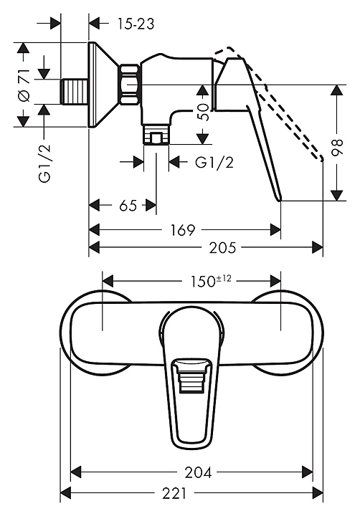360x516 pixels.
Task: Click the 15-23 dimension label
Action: click(x=136, y=24)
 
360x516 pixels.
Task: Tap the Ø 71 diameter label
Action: click(x=24, y=85)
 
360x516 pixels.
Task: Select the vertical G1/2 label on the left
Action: click(x=45, y=163)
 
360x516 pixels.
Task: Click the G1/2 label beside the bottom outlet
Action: click(x=214, y=162)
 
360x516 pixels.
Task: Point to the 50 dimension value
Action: click(x=203, y=112)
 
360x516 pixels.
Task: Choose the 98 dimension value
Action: click(x=337, y=147)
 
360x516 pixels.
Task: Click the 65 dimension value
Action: click(x=128, y=206)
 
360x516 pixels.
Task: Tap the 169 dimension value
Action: click(x=183, y=230)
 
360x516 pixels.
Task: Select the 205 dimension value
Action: click(x=222, y=247)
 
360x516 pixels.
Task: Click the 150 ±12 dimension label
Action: click(x=211, y=281)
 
